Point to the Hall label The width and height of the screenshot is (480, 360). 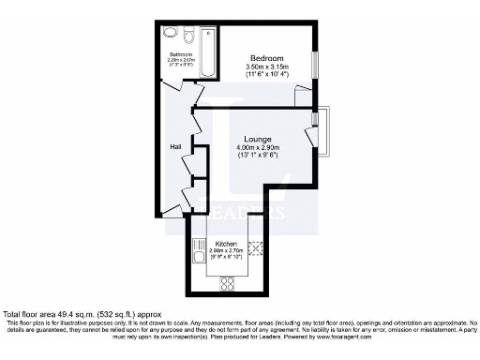point(175,147)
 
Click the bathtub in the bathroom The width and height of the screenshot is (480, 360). point(208,53)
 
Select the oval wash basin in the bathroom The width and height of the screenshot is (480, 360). point(171,32)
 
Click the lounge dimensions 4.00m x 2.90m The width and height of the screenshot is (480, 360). point(258,148)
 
